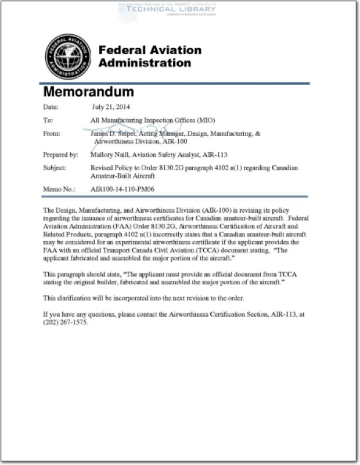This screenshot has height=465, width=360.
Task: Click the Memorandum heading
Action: tap(88, 92)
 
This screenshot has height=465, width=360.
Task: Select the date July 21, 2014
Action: tap(111, 107)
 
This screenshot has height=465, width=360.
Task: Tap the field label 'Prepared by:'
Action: tap(60, 155)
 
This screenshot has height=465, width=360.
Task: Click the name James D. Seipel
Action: tap(112, 134)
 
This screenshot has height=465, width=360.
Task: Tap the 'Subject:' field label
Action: tap(55, 168)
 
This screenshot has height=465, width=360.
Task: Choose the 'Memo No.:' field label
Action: tap(58, 189)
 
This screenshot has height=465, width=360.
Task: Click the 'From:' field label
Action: tap(52, 134)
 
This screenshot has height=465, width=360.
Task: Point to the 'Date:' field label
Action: tap(51, 107)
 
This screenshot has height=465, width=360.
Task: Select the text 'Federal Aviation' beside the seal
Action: tap(150, 50)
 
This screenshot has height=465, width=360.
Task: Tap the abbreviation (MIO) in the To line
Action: tap(205, 120)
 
